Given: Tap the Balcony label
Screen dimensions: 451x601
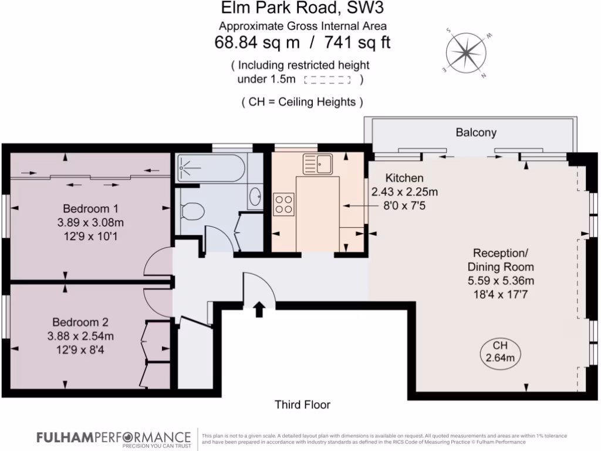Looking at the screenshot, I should tap(476, 133).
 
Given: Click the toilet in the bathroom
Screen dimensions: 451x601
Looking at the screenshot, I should tap(192, 211).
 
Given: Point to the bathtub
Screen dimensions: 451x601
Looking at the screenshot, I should tap(211, 167).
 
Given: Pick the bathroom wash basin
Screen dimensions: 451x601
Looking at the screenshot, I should tap(256, 196).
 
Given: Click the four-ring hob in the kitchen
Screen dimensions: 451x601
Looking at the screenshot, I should tap(283, 204).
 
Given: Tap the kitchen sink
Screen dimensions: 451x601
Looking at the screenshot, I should tap(318, 164).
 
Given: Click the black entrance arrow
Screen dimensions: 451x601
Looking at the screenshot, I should tap(259, 309).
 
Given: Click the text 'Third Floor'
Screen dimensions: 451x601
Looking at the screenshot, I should tap(302, 405).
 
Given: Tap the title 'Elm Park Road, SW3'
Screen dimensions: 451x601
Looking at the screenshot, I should tap(302, 8).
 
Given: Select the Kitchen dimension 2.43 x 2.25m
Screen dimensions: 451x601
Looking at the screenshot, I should tap(404, 191).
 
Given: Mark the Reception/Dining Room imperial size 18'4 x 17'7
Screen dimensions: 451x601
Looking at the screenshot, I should tap(501, 295).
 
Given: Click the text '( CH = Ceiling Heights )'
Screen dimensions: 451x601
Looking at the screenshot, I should tap(302, 102).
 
